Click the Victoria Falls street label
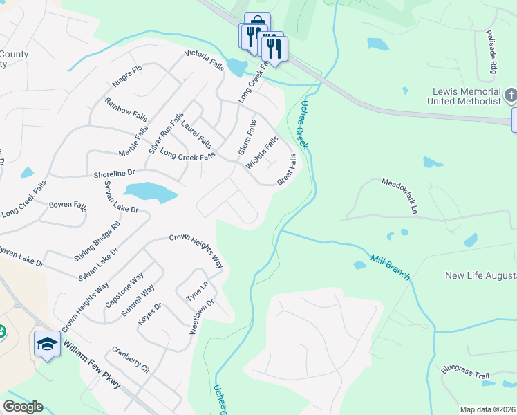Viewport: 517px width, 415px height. pos(205,60)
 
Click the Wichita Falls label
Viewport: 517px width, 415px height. pos(263,152)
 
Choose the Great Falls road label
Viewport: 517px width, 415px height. pos(287,169)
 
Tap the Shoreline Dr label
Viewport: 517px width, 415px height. pos(115,173)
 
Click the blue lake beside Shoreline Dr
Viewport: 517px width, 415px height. pos(149,192)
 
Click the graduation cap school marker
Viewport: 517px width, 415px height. pos(47,344)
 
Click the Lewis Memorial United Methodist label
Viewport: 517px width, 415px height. pos(466,97)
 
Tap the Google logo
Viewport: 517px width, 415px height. pos(23,407)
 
